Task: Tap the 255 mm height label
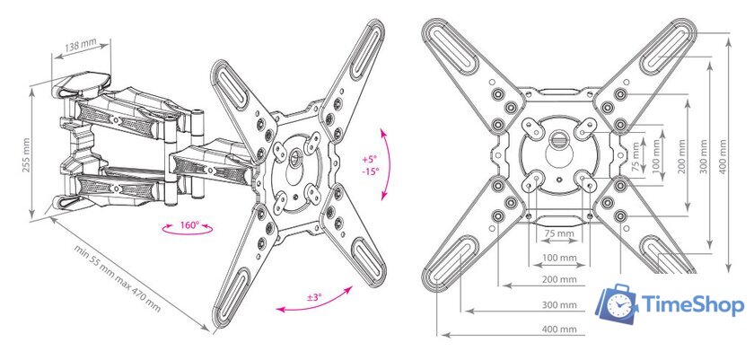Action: click(x=27, y=154)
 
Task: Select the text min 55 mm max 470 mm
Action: click(x=118, y=277)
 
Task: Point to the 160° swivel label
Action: click(x=189, y=224)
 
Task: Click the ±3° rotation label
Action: click(x=313, y=297)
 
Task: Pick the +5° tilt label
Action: click(x=370, y=159)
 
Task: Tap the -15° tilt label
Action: click(x=370, y=171)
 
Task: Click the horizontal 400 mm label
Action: click(x=559, y=329)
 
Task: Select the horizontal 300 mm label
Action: click(x=559, y=304)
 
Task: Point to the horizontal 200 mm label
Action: click(x=559, y=279)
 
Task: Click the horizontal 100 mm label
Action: click(x=559, y=258)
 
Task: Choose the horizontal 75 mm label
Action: click(x=559, y=233)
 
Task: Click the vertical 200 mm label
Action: click(x=681, y=157)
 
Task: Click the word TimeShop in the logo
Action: click(x=693, y=304)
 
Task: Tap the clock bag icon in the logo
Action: click(x=617, y=303)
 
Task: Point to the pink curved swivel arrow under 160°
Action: click(x=187, y=233)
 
